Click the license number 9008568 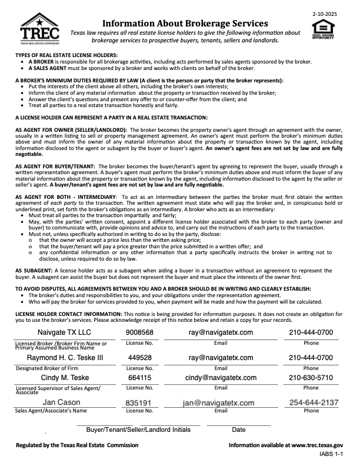139,332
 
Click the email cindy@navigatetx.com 221,378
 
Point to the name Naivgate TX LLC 65,332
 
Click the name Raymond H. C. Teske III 65,357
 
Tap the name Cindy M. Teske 65,378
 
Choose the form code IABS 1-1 329,455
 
